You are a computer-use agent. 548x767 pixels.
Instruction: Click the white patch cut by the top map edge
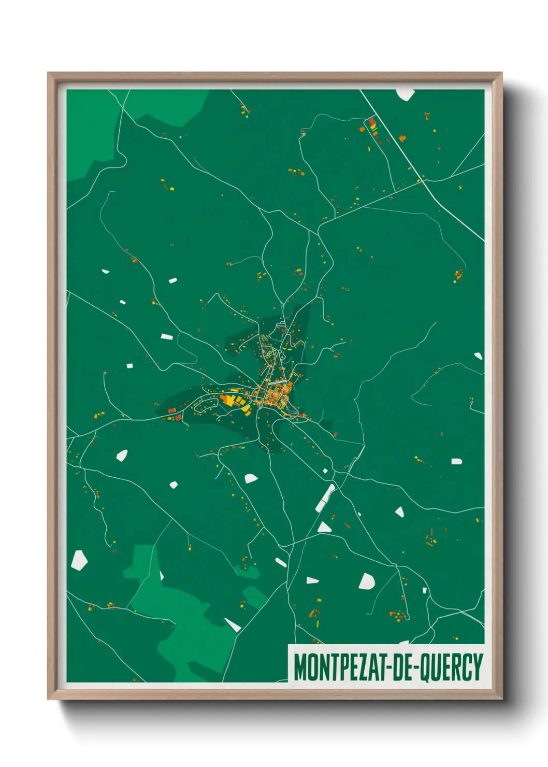point(405,94)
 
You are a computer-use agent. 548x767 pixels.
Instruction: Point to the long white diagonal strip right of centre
point(325,498)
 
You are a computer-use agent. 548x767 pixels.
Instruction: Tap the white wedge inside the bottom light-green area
point(233,625)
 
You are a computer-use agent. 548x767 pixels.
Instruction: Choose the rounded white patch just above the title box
point(366,581)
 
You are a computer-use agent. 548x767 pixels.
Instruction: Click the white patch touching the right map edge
point(478,356)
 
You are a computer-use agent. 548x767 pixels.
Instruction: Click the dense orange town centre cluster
point(273,395)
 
